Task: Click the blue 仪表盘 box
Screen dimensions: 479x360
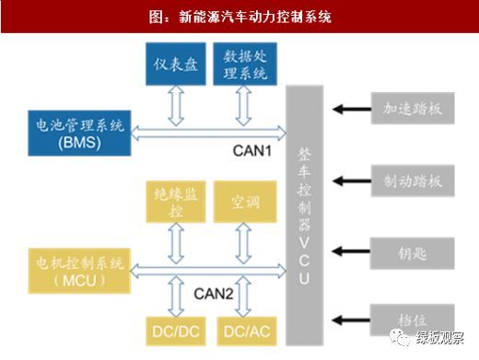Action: (x=176, y=64)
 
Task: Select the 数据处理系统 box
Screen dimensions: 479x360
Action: (x=245, y=64)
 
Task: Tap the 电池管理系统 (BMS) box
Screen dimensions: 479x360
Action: (x=79, y=134)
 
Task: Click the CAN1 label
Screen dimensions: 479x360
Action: (x=252, y=151)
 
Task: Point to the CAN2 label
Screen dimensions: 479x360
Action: (x=214, y=294)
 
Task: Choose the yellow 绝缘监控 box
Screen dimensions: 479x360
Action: (x=176, y=202)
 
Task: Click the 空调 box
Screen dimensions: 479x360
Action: (x=245, y=202)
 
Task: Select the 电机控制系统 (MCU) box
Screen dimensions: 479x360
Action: (x=79, y=271)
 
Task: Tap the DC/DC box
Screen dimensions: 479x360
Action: (x=176, y=331)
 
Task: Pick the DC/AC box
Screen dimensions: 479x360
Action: (x=247, y=331)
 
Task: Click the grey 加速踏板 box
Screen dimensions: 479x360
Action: (x=413, y=109)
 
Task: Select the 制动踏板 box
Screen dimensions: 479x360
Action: (x=413, y=180)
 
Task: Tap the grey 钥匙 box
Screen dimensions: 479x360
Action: (x=412, y=253)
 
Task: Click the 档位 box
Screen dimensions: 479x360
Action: (x=412, y=320)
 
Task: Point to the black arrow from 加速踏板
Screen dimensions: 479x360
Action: (x=352, y=109)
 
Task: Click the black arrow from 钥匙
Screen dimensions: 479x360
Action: (x=351, y=251)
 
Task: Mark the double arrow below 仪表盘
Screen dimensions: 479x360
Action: (x=176, y=106)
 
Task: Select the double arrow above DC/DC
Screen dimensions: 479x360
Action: (x=176, y=296)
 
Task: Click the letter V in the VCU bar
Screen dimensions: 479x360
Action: (x=304, y=242)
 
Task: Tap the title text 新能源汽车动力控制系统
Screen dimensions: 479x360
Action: (x=255, y=17)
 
